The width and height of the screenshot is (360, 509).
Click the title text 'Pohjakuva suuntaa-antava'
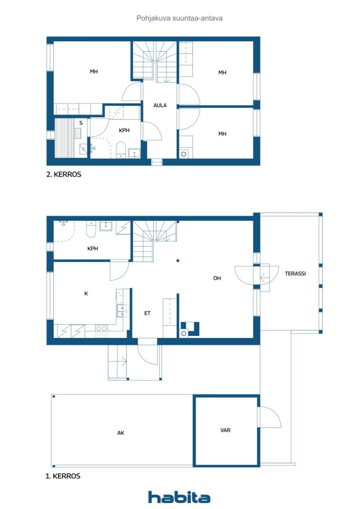pyautogui.click(x=179, y=18)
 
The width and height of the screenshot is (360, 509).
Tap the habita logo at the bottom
pyautogui.click(x=179, y=497)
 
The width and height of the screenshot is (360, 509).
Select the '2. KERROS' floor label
pyautogui.click(x=64, y=175)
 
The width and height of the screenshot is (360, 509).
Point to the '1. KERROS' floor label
pyautogui.click(x=63, y=476)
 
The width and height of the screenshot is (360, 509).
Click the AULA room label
pyautogui.click(x=160, y=105)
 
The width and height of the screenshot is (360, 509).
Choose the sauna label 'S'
pyautogui.click(x=81, y=122)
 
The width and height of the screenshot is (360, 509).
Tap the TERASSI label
pyautogui.click(x=295, y=273)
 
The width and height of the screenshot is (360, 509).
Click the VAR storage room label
pyautogui.click(x=225, y=430)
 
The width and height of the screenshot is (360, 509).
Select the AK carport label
pyautogui.click(x=120, y=433)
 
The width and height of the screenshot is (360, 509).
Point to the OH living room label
pyautogui.click(x=217, y=278)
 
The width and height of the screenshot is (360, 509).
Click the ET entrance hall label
pyautogui.click(x=147, y=313)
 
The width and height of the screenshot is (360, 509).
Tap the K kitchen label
pyautogui.click(x=86, y=293)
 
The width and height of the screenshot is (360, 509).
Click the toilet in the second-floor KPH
pyautogui.click(x=120, y=150)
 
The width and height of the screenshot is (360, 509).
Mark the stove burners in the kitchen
pyautogui.click(x=101, y=331)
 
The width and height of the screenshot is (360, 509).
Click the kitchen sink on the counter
pyautogui.click(x=120, y=311)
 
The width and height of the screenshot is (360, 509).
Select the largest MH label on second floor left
pyautogui.click(x=93, y=72)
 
